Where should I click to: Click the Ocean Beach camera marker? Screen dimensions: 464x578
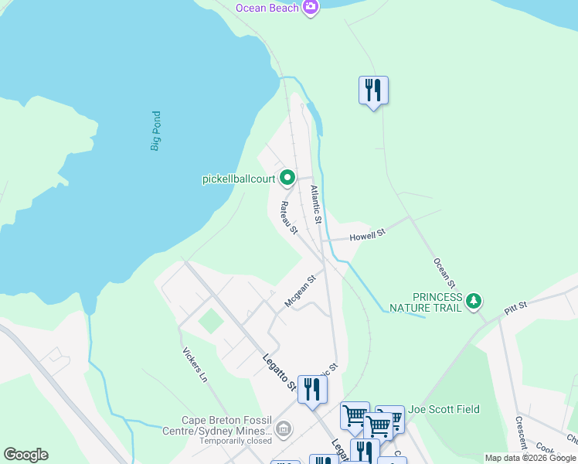pos(311,8)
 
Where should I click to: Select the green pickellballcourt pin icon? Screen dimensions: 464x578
pos(287,179)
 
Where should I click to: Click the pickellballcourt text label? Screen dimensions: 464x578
pos(239,179)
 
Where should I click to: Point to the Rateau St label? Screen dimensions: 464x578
pos(288,217)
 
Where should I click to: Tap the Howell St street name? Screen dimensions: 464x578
pos(367,235)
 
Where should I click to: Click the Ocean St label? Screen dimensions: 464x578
pos(446,275)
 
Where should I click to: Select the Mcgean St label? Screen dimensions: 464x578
pos(301,292)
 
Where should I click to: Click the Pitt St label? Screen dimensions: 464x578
pos(515,307)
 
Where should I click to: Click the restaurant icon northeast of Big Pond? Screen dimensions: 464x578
pos(373,90)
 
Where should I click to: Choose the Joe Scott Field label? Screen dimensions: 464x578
pos(444,409)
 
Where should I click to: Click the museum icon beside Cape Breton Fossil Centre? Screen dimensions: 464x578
pos(284,428)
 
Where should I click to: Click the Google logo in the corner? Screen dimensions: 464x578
pos(25,455)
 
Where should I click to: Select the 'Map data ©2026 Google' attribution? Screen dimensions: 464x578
pos(530,458)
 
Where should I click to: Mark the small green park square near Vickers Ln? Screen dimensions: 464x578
pos(209,321)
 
